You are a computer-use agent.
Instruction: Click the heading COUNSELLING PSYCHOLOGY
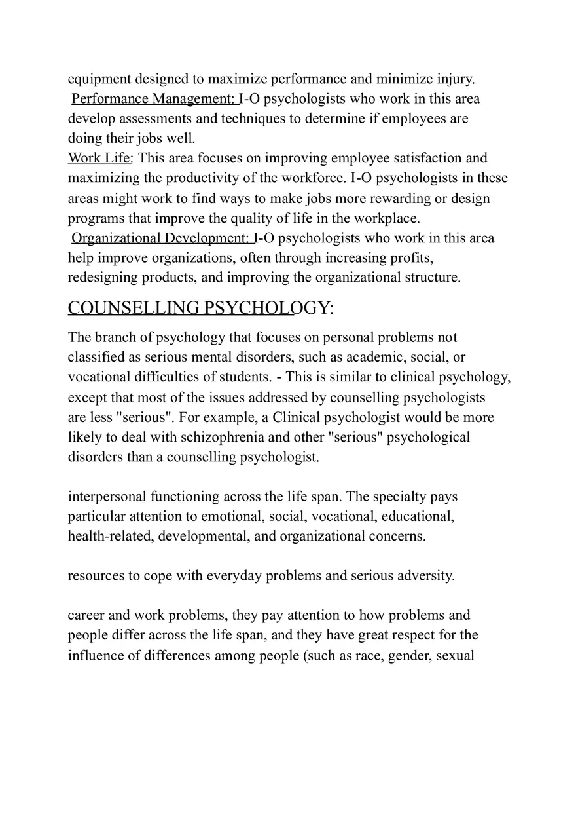point(200,308)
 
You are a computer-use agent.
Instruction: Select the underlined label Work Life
point(100,158)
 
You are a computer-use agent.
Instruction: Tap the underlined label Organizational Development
point(160,238)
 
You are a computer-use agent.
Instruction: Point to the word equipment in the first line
point(99,79)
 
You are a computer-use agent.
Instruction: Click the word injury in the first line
point(455,79)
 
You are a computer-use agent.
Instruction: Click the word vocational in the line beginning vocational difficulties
point(99,377)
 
